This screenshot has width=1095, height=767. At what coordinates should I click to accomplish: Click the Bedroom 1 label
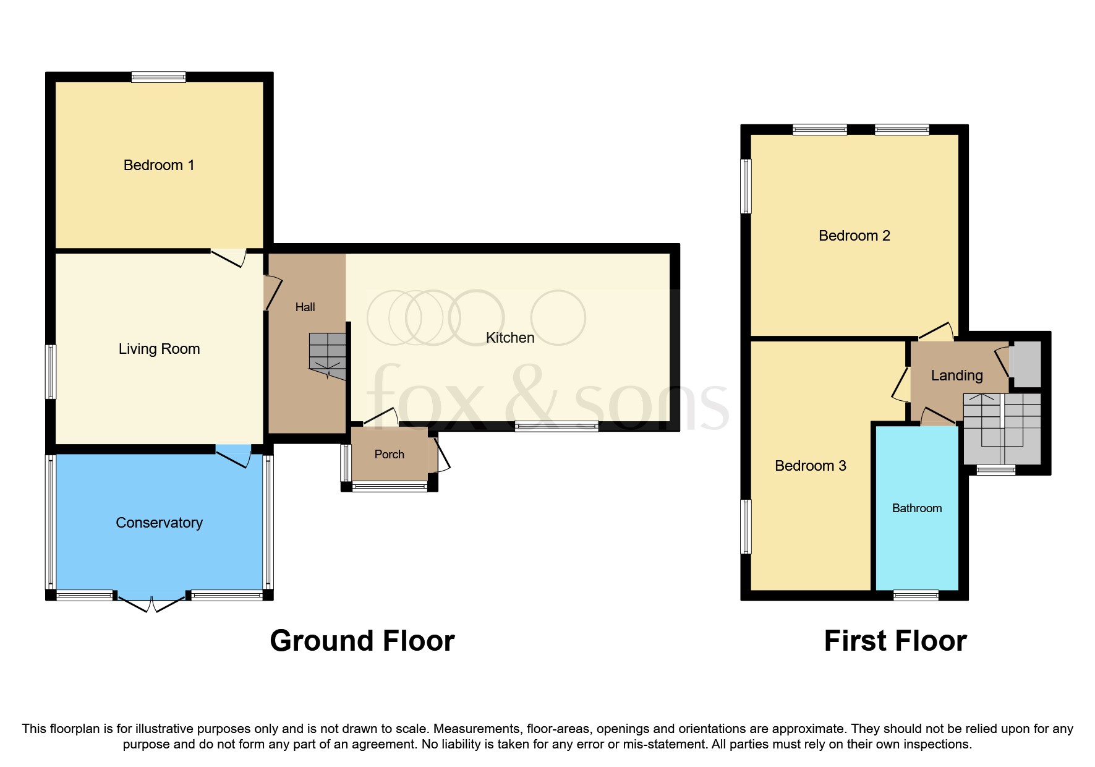159,165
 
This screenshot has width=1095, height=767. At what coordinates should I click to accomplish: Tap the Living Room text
159,349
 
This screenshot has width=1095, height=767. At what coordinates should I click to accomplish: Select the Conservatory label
159,523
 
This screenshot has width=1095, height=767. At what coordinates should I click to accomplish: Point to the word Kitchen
509,338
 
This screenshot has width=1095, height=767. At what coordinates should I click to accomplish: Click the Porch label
389,454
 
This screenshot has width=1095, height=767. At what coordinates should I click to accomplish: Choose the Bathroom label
916,508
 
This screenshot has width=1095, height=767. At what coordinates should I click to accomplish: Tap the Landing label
956,375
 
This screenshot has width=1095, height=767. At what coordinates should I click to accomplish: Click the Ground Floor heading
362,641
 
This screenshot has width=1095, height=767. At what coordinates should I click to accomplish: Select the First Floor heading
895,641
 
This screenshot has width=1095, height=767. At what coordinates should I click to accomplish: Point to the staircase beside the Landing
1002,428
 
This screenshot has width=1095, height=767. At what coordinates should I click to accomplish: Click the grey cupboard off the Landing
1026,365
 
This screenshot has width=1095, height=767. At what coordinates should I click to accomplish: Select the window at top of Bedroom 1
158,77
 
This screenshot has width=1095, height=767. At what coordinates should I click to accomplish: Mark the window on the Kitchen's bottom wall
556,426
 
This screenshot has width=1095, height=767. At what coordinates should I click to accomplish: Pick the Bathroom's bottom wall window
916,595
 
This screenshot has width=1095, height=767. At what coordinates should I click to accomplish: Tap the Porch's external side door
441,456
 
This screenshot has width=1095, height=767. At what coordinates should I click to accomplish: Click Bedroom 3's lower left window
746,526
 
